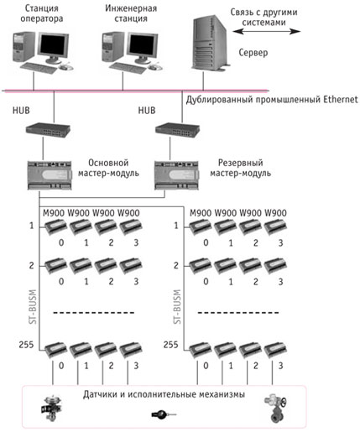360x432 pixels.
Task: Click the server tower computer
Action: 210,43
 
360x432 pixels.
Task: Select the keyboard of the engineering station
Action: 128,68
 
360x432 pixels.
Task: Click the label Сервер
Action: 253,52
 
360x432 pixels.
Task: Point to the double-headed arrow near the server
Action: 266,31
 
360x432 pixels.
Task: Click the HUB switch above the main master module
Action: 48,130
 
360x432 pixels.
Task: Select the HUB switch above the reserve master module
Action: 178,130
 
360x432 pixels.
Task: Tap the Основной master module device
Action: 50,175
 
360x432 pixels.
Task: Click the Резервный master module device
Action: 177,175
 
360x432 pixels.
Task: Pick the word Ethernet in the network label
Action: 340,99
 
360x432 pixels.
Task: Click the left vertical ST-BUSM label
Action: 33,307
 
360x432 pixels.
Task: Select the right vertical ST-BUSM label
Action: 177,307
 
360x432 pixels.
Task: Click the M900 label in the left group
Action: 54,213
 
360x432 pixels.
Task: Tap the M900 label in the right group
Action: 201,213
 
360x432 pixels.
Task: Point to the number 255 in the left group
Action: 26,345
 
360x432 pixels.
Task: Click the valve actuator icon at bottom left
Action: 51,409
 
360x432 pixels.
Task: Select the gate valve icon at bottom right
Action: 275,409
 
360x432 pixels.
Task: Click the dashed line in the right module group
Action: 238,313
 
